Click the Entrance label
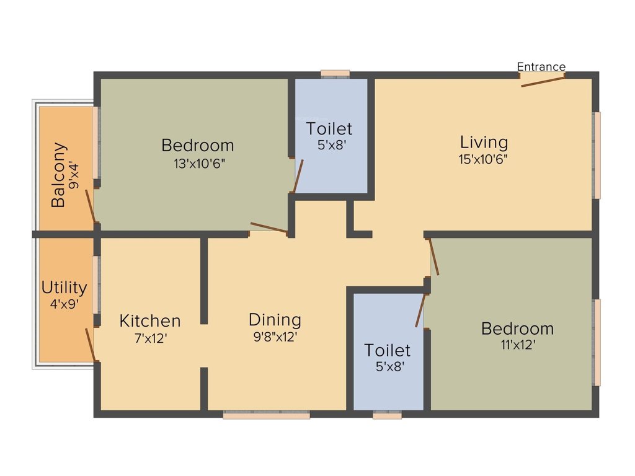coord(541,67)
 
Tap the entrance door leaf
coord(543,82)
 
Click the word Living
coord(484,142)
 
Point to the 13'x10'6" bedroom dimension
coord(198,164)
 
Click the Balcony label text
coord(58,175)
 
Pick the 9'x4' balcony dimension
coord(76,175)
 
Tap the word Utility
coord(64,288)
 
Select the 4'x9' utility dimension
coord(64,305)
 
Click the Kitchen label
coord(150,321)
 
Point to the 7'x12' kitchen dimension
coord(151,338)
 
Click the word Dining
coord(275,320)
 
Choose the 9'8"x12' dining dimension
coord(275,338)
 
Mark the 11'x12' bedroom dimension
coord(518,345)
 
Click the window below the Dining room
coord(266,416)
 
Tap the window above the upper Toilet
coord(335,73)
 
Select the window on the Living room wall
coord(597,155)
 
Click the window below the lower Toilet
coord(387,416)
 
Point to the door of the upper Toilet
coord(298,177)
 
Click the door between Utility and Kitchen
coord(91,345)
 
